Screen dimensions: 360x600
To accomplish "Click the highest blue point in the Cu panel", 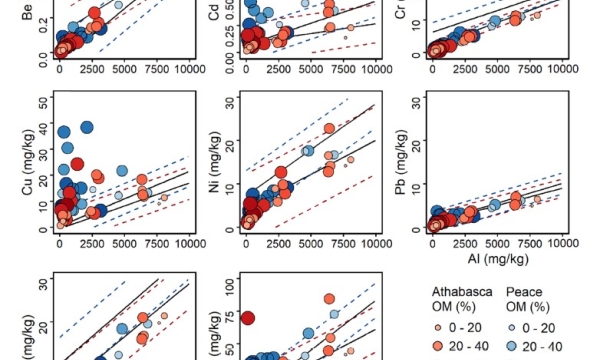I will (86, 128).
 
